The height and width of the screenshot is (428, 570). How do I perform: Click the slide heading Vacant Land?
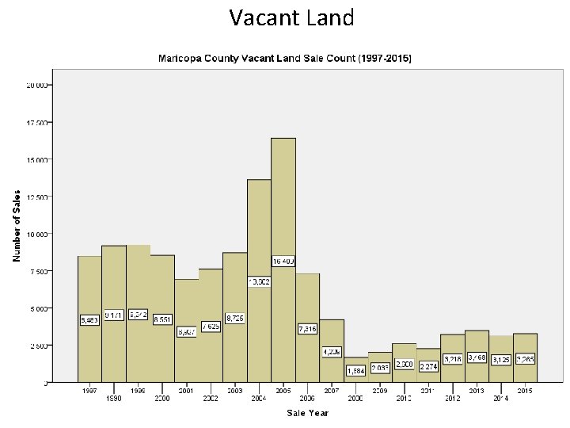(x=291, y=17)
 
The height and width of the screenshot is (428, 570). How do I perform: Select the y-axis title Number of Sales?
(x=16, y=225)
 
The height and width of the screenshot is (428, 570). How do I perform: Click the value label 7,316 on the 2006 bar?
(x=308, y=328)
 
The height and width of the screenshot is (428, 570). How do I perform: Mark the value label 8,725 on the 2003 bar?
(x=235, y=318)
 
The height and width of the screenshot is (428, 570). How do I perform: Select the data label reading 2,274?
(x=429, y=366)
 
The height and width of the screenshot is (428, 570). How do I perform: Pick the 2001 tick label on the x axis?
(x=187, y=391)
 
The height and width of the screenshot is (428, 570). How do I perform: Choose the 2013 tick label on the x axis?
(x=477, y=391)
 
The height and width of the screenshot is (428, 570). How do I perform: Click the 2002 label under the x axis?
(x=211, y=399)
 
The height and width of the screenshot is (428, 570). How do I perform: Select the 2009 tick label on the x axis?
(x=381, y=391)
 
